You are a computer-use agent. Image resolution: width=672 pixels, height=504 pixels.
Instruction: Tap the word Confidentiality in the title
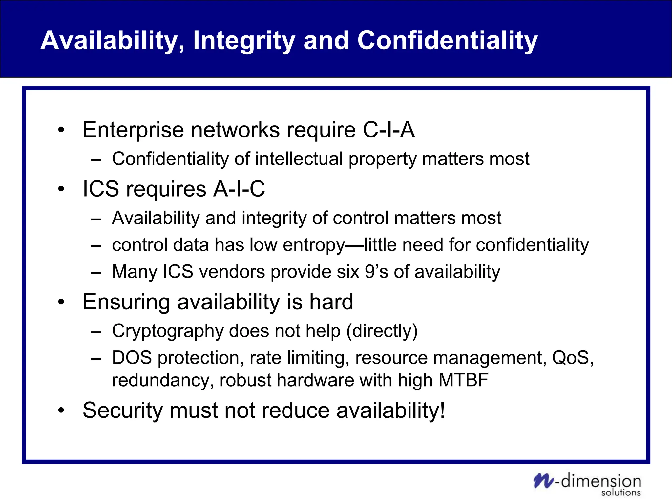tap(448, 41)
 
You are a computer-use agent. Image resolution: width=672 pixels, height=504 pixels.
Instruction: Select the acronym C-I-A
tap(389, 130)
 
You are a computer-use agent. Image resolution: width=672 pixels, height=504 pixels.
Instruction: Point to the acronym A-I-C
tap(239, 189)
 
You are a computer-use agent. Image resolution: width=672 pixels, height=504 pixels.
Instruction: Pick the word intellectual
tap(299, 159)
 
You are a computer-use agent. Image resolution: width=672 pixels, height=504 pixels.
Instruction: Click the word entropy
tap(314, 246)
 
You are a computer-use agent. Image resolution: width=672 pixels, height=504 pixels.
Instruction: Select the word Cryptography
tap(168, 331)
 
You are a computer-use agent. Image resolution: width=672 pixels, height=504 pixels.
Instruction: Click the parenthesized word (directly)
tap(382, 331)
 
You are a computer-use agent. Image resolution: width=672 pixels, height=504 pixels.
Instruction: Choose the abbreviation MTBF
tap(463, 380)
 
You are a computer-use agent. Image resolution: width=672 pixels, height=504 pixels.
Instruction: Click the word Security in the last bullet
tap(123, 411)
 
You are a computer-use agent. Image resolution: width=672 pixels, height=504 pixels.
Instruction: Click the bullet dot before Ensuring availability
tap(61, 302)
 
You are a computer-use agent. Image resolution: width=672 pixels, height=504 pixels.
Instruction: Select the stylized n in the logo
tap(543, 481)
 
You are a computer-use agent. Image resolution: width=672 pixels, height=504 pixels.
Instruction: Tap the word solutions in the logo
tap(621, 493)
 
